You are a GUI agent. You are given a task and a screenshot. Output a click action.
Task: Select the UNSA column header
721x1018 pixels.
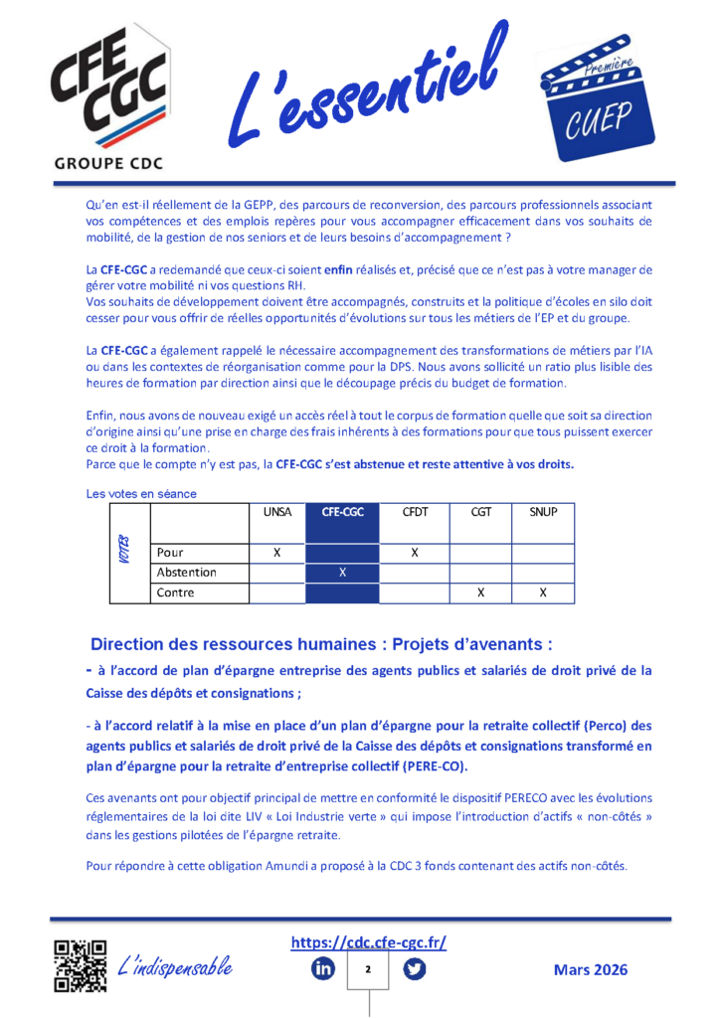coord(276,512)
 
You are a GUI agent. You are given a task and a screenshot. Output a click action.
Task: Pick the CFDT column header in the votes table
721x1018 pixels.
coord(416,512)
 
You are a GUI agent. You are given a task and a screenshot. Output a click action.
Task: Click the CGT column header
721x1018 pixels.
coord(480,512)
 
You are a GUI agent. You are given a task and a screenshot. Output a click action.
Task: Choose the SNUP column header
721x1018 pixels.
coord(543,512)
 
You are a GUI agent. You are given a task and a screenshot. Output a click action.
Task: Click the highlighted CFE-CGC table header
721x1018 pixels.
coord(342,512)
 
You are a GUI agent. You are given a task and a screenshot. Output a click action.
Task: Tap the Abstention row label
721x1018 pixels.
coord(187,573)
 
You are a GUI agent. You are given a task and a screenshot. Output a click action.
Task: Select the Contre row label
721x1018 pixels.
coord(176,593)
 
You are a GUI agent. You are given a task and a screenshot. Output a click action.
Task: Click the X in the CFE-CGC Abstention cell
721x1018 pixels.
coord(342,573)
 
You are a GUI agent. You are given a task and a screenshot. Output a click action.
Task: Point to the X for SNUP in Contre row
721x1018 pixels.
coord(543,593)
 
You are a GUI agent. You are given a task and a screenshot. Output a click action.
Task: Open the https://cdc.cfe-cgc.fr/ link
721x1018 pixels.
coord(369,942)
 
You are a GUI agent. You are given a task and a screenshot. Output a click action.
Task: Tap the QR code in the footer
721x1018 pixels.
coord(81,965)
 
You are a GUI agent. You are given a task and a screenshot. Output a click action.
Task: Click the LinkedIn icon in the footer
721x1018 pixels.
coord(323,968)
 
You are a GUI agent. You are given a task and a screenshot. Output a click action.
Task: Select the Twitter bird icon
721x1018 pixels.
coord(415,968)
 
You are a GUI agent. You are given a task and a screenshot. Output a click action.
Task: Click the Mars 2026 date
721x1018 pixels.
coord(591,969)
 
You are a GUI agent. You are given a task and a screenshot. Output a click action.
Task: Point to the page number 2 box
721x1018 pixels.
coord(368,969)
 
